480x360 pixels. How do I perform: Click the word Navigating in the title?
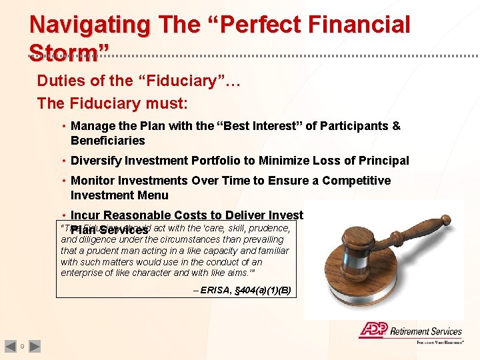90,25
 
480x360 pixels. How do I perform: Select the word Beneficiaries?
107,141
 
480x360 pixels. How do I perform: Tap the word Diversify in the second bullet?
97,161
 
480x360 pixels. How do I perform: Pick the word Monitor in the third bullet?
93,181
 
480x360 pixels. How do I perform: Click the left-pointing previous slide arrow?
10,346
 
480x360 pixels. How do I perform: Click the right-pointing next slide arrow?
35,346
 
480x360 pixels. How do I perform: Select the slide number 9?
22,347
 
